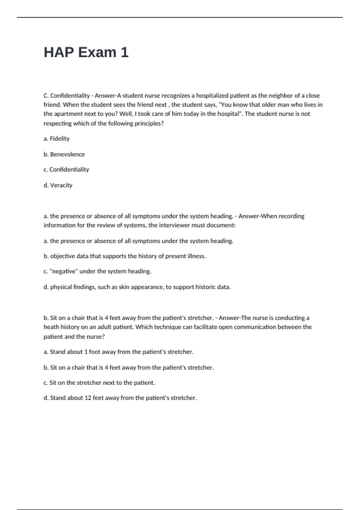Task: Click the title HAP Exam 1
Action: (86, 52)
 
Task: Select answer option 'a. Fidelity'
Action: (57, 139)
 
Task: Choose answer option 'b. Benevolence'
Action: (64, 154)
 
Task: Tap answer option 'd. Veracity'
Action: (58, 185)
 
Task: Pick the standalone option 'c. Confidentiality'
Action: (66, 169)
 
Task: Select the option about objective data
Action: (124, 256)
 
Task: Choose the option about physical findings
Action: (137, 287)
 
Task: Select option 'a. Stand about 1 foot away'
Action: (118, 352)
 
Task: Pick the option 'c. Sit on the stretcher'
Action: (99, 383)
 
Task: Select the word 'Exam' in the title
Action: (97, 52)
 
